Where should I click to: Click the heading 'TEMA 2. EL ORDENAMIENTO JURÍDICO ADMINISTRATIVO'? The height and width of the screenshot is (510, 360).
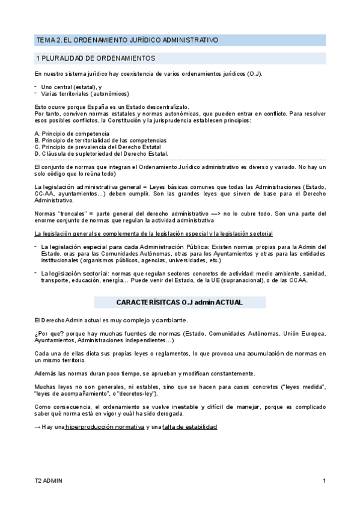pos(127,40)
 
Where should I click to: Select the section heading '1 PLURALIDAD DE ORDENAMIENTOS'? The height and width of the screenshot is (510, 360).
pos(96,58)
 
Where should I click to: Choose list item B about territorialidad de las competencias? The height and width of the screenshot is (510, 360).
pos(100,140)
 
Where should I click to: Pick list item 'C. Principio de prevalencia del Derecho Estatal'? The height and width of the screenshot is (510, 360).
pos(97,147)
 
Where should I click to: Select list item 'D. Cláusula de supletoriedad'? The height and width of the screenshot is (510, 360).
pos(101,153)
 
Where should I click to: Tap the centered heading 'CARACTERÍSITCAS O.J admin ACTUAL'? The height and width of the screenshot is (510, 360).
pos(179,303)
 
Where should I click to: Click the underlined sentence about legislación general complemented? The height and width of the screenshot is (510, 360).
pos(153,233)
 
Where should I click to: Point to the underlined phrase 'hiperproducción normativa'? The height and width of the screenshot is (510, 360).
pos(105,426)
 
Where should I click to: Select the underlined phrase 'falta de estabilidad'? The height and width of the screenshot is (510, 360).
pos(190,426)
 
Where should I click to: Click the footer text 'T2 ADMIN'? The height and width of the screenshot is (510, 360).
pos(48,481)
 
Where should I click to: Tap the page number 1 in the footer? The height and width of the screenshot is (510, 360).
pos(324,481)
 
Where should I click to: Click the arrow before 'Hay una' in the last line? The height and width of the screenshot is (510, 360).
pos(38,426)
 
